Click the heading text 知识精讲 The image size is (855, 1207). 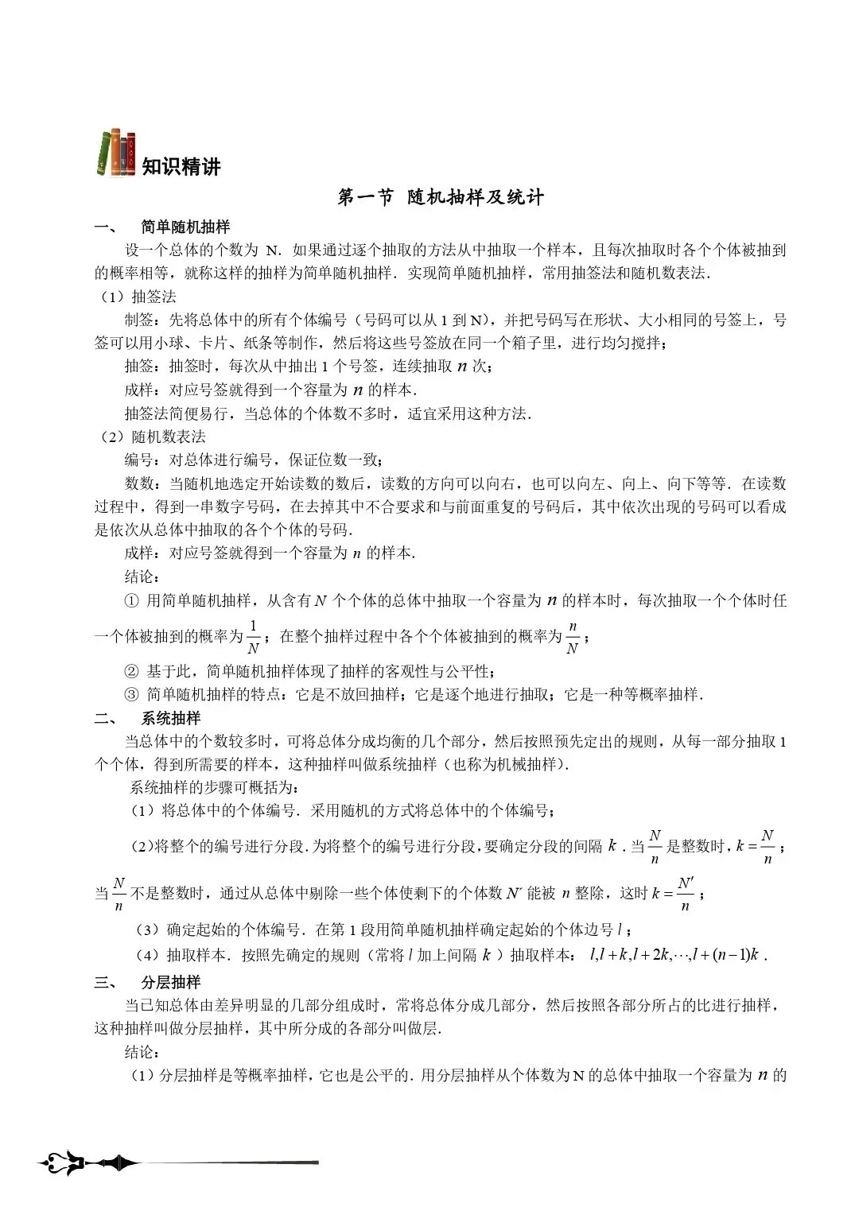pyautogui.click(x=181, y=167)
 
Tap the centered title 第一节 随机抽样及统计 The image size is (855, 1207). pyautogui.click(x=441, y=197)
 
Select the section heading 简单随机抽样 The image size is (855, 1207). pyautogui.click(x=185, y=227)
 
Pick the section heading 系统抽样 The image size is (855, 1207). pyautogui.click(x=170, y=718)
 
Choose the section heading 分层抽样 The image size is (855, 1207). pyautogui.click(x=170, y=982)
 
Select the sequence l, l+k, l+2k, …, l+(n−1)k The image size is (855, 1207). pyautogui.click(x=675, y=955)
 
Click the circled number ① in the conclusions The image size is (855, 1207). pyautogui.click(x=132, y=601)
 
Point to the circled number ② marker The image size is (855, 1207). pyautogui.click(x=132, y=672)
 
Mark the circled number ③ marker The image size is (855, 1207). pyautogui.click(x=132, y=695)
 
